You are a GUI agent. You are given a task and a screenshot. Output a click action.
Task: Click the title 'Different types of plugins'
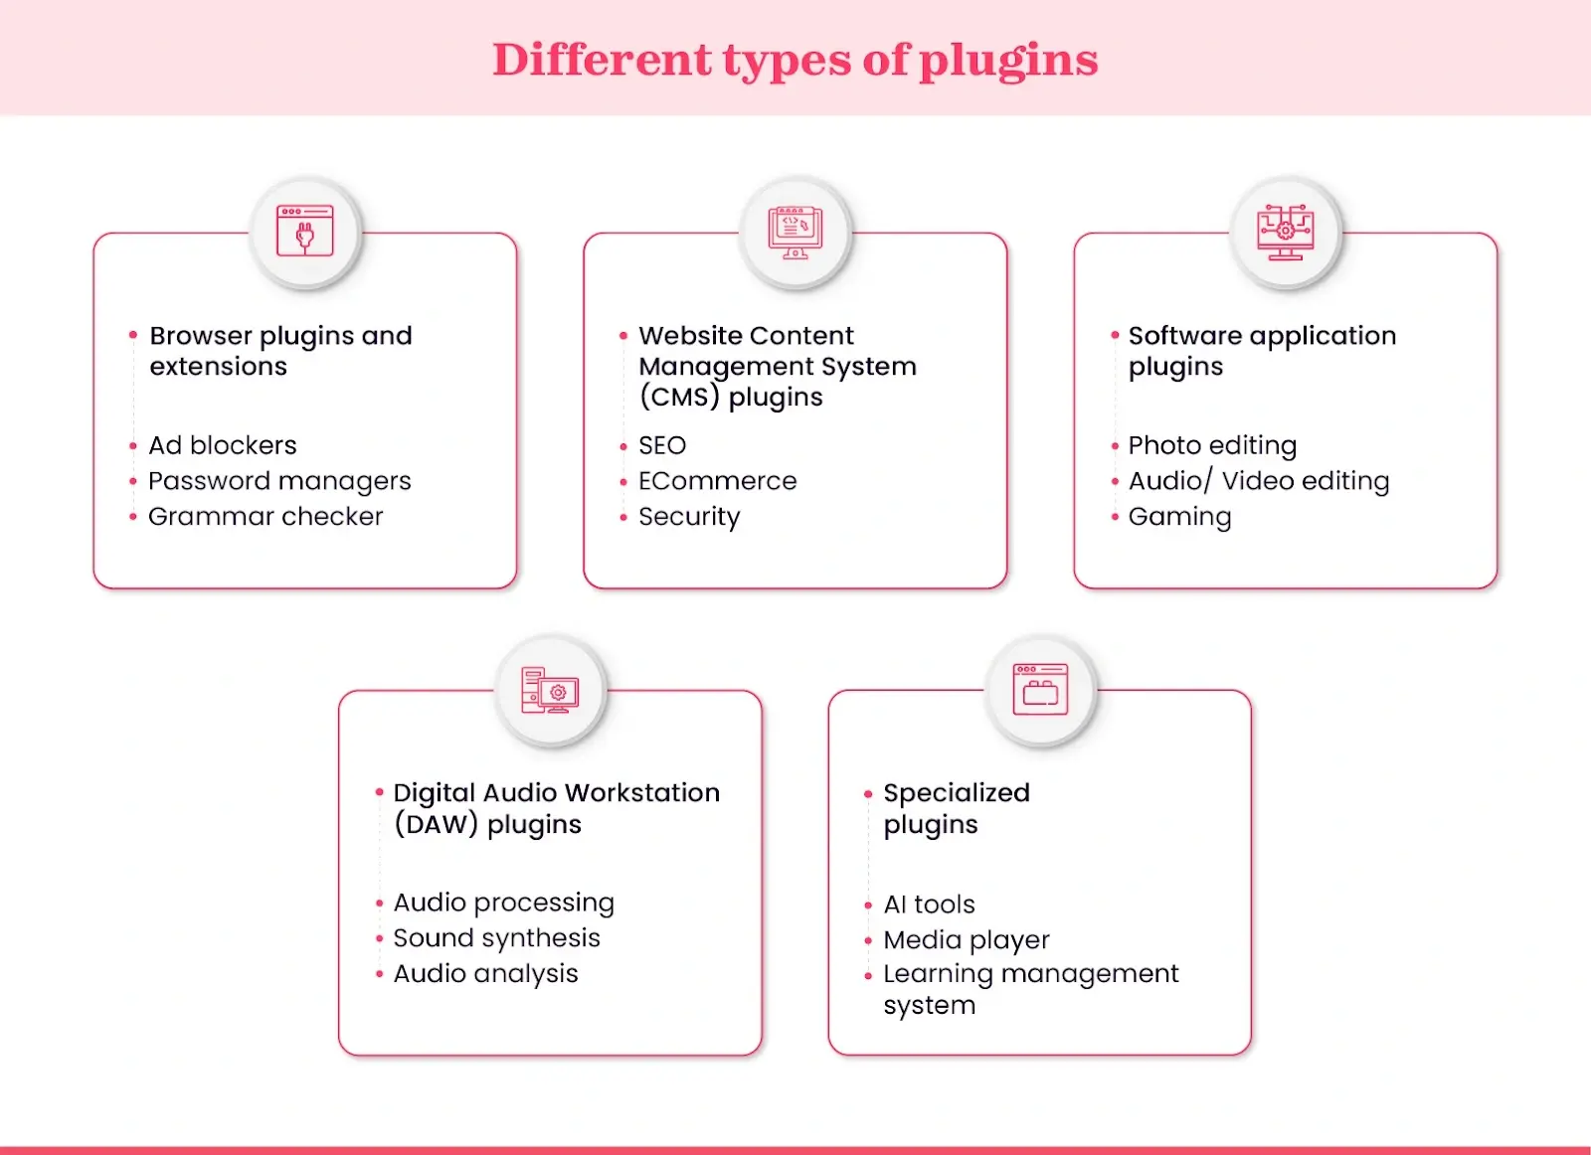[795, 60]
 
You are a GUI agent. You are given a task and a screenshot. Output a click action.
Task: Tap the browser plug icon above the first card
[305, 232]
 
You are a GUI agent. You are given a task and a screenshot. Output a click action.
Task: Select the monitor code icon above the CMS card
[795, 232]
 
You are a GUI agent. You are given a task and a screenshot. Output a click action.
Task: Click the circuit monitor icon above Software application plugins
[1285, 232]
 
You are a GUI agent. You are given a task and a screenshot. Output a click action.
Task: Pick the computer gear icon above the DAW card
[550, 690]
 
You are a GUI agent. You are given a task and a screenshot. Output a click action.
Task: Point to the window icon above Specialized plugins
[1040, 690]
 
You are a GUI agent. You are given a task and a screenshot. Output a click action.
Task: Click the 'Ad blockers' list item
[223, 445]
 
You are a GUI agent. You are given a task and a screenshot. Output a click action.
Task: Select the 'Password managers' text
[279, 481]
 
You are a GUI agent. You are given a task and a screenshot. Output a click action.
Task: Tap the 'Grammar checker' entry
[265, 517]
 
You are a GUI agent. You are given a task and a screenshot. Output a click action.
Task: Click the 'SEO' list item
[662, 445]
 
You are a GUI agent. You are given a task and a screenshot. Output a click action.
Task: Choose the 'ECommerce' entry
[717, 481]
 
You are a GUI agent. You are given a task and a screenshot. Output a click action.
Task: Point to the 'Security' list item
[689, 517]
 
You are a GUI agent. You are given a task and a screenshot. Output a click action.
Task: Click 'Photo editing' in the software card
[1212, 445]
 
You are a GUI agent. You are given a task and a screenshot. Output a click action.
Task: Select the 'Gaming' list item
[1179, 517]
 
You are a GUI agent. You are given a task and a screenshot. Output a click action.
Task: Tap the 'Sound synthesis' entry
[496, 938]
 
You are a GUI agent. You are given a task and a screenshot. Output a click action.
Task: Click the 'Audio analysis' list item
[485, 974]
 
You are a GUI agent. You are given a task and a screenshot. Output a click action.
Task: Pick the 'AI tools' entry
[929, 905]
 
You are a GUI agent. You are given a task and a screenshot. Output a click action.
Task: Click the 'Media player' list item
[966, 940]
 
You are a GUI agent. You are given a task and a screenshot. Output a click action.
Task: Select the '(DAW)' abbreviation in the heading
[436, 825]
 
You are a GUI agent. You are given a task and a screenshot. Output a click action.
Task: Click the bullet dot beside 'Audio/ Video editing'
[1115, 482]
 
